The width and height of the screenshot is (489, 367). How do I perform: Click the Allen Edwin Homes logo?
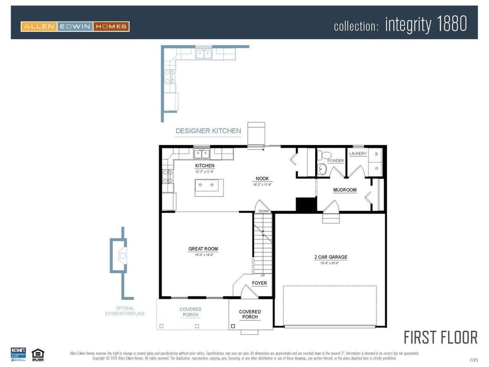pos(75,26)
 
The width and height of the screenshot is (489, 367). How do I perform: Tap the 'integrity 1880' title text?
pos(425,24)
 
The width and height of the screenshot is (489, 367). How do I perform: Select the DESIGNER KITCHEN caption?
pos(208,131)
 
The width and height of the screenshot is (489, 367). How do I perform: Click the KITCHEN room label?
pos(205,166)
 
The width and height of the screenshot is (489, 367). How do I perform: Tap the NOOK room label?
pos(262,179)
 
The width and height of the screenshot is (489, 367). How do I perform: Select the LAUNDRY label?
pos(358,154)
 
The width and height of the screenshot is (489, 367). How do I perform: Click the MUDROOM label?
pos(344,190)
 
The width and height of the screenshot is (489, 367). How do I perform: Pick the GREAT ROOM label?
pos(203,249)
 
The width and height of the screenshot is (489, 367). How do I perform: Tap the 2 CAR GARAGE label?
pos(330,257)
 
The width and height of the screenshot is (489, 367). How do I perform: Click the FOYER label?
pos(259,283)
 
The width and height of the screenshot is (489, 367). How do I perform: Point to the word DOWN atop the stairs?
pos(264,211)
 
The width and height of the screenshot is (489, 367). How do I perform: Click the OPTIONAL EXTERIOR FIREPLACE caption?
pos(124,311)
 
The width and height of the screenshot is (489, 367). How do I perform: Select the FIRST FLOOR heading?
pos(441,337)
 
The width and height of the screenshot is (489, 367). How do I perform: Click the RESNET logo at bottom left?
pos(18,354)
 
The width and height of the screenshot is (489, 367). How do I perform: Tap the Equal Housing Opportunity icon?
pos(37,354)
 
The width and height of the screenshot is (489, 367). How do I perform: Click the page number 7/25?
pos(473,359)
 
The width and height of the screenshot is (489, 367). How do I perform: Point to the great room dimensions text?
pos(203,254)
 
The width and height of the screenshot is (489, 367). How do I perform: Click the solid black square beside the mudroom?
pos(306,204)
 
